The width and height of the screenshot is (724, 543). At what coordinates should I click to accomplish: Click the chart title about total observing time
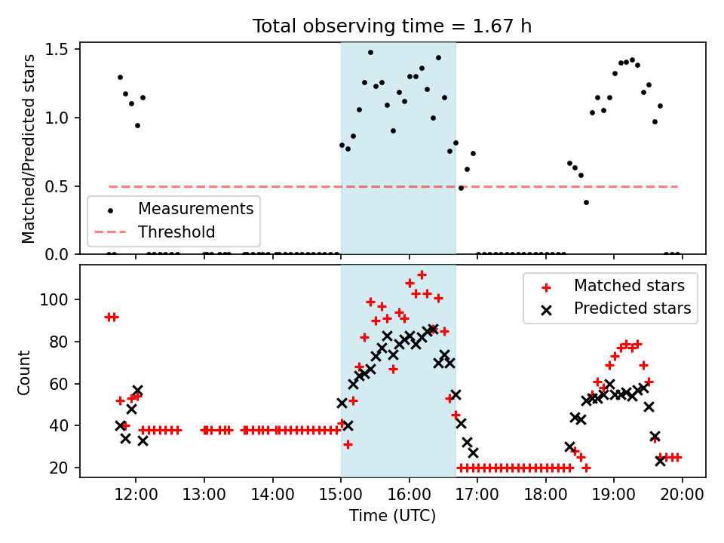pyautogui.click(x=392, y=26)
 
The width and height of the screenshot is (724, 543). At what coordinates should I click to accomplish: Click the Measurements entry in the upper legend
pyautogui.click(x=195, y=207)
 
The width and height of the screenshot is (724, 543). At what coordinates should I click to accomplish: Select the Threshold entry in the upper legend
pyautogui.click(x=176, y=232)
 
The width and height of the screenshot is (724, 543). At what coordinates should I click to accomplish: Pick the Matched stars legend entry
pyautogui.click(x=629, y=286)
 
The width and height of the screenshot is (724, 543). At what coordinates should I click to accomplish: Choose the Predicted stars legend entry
pyautogui.click(x=632, y=308)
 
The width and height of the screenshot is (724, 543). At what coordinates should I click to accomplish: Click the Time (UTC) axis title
pyautogui.click(x=392, y=517)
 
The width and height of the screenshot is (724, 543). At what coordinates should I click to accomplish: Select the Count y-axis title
pyautogui.click(x=26, y=372)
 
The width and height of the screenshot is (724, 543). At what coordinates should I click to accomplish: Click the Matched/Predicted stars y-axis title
pyautogui.click(x=29, y=148)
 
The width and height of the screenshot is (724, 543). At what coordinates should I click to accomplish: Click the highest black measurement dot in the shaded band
pyautogui.click(x=370, y=53)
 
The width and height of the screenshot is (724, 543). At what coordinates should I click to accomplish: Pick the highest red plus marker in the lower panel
pyautogui.click(x=422, y=275)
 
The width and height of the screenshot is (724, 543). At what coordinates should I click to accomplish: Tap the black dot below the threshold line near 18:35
pyautogui.click(x=586, y=202)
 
